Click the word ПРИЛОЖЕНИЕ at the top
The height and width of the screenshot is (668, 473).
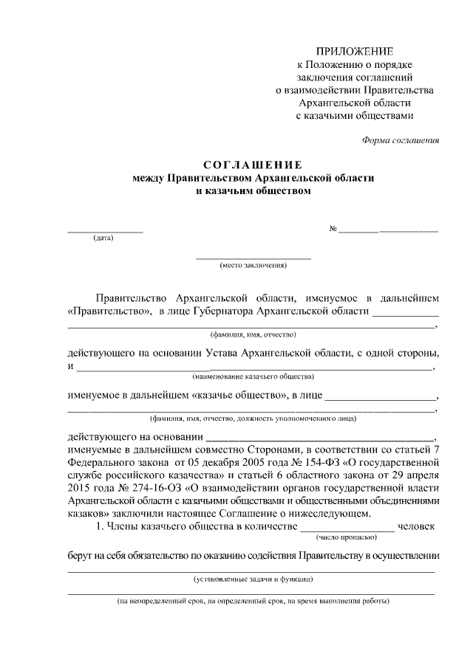(x=355, y=50)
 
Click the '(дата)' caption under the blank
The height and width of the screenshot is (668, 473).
(x=103, y=238)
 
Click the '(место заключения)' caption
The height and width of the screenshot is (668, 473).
(x=253, y=264)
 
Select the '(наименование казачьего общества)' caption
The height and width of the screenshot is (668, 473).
(x=253, y=376)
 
